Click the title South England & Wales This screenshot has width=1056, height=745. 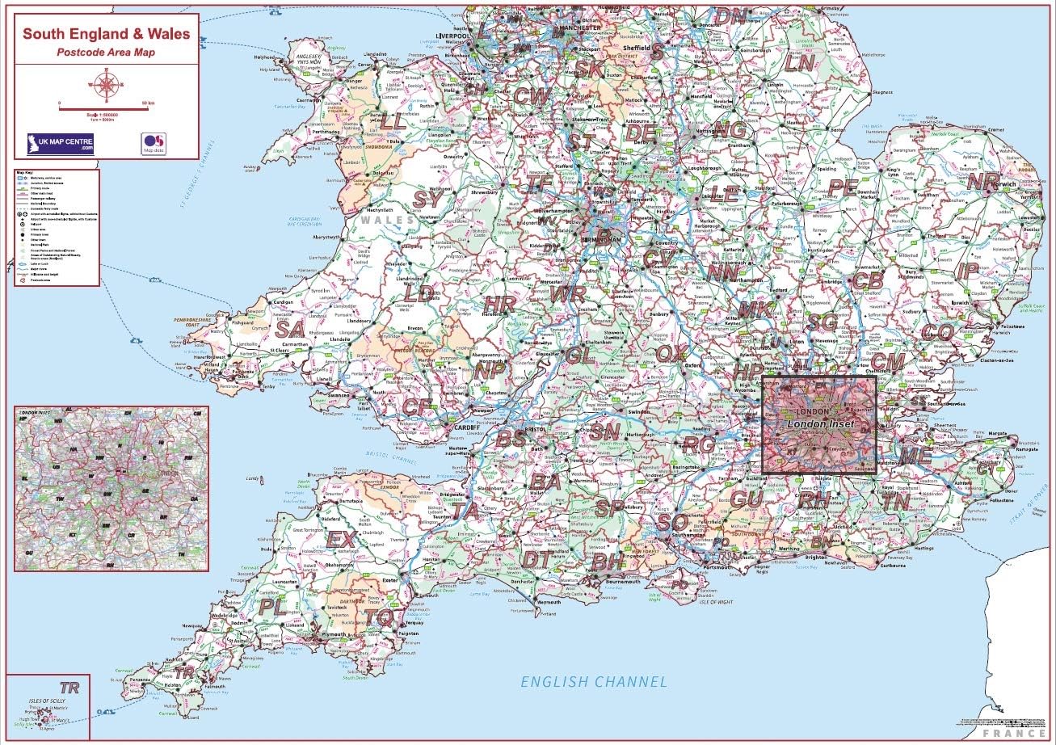pyautogui.click(x=107, y=34)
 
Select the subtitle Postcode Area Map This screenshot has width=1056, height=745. pyautogui.click(x=106, y=53)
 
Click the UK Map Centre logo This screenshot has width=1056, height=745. pyautogui.click(x=61, y=143)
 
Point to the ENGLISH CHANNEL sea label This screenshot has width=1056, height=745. pyautogui.click(x=594, y=682)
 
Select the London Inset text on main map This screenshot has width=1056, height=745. pyautogui.click(x=818, y=424)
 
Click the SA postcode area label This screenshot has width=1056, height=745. pyautogui.click(x=289, y=330)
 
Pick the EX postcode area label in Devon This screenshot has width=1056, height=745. pyautogui.click(x=341, y=539)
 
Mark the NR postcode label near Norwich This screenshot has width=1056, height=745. pyautogui.click(x=982, y=182)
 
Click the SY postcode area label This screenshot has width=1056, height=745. pyautogui.click(x=428, y=198)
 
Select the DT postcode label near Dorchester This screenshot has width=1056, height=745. pyautogui.click(x=537, y=559)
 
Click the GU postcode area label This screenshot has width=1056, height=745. pyautogui.click(x=745, y=499)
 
